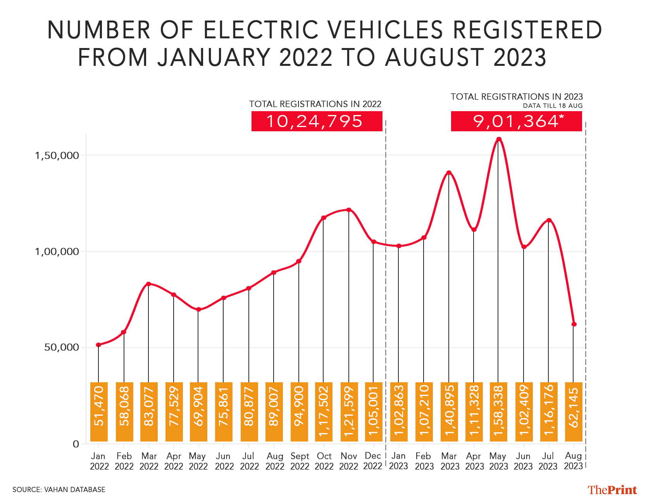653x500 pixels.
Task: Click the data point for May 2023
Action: coord(499,139)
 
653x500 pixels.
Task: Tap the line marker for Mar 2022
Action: coord(148,284)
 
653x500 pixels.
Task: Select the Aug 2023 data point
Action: coord(574,324)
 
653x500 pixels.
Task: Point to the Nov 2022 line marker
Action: coord(349,210)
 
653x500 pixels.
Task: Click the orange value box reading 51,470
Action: coord(99,412)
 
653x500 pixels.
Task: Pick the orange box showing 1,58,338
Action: coord(498,412)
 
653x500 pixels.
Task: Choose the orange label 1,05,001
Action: coord(374,412)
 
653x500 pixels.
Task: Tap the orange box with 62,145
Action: coord(574,412)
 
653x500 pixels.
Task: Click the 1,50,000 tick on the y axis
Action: coord(57,156)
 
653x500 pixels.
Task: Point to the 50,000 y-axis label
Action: coord(62,347)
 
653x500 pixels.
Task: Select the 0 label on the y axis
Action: coord(76,444)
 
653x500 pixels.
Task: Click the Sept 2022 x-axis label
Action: coord(300,461)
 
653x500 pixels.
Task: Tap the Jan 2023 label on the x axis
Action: coord(398,461)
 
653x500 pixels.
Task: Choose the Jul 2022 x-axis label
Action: coord(249,461)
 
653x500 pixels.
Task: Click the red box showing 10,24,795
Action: coord(317,121)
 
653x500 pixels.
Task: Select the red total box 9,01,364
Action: coord(516,121)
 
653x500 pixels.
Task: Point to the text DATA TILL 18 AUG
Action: coord(552,106)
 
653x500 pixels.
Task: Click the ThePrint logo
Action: coord(612,490)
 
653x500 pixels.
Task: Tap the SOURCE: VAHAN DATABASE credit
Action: coord(59,490)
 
